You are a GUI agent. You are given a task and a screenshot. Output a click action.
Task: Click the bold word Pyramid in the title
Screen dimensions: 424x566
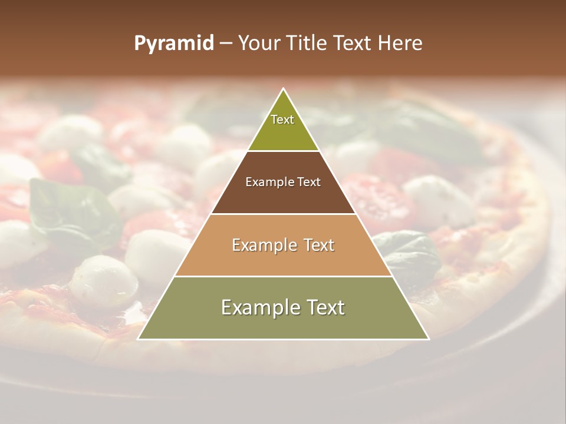(173, 44)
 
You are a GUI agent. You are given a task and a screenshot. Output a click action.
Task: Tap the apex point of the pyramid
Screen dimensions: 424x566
(284, 89)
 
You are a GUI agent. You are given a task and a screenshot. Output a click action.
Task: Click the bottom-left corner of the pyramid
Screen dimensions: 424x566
(139, 339)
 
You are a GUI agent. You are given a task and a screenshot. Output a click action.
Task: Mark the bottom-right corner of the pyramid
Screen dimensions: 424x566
(429, 339)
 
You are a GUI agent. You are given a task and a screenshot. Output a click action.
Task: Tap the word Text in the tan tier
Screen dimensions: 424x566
(320, 245)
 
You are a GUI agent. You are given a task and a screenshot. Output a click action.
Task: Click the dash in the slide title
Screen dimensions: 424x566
(226, 44)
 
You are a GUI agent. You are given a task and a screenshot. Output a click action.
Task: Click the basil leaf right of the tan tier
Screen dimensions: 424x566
(410, 250)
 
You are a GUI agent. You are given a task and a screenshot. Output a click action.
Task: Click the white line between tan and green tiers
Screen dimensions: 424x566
(283, 276)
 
